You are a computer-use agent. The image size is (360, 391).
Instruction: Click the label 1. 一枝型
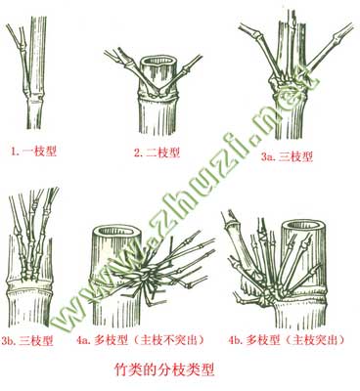click(33, 152)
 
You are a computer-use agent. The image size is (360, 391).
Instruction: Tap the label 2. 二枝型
click(157, 152)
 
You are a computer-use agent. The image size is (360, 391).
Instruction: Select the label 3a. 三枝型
click(287, 157)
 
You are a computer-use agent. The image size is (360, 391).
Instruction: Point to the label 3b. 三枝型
click(26, 341)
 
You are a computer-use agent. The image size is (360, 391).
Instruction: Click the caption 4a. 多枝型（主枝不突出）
click(141, 340)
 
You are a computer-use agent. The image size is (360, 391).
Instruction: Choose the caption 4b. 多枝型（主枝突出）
click(287, 340)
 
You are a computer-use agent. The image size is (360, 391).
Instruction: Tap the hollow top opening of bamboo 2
click(158, 62)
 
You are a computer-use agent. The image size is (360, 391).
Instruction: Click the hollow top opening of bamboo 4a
click(117, 232)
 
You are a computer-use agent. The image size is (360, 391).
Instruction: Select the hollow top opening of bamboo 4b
click(303, 226)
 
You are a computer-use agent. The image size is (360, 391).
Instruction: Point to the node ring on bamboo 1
click(33, 97)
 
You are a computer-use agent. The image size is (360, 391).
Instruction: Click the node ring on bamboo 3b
click(29, 284)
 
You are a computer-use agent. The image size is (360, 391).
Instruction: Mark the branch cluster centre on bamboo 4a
click(146, 277)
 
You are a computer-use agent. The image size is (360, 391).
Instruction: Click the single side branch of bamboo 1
click(22, 56)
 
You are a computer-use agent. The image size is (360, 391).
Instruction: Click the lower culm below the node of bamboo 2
click(158, 115)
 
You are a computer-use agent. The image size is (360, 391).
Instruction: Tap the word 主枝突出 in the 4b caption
click(316, 340)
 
